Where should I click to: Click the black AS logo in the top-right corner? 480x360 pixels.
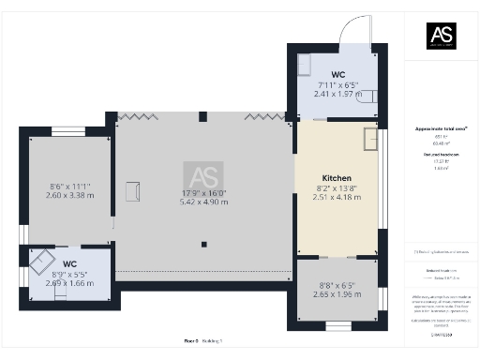coord(442,35)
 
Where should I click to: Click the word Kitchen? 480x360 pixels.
coord(337,178)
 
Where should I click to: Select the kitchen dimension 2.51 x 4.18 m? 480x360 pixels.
coord(337,197)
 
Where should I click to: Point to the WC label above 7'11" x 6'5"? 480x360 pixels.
coord(337,74)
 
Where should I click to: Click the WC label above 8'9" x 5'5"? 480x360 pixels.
coord(69,263)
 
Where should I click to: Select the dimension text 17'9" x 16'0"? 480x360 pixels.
coord(203,194)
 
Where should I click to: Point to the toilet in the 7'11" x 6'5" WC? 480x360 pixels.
coord(368,95)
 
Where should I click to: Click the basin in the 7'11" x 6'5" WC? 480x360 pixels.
coord(305,63)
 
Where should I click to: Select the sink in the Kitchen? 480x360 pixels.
coord(371,139)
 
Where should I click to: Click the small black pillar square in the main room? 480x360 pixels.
coord(203,245)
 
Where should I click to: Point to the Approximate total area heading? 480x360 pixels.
coord(441,128)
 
